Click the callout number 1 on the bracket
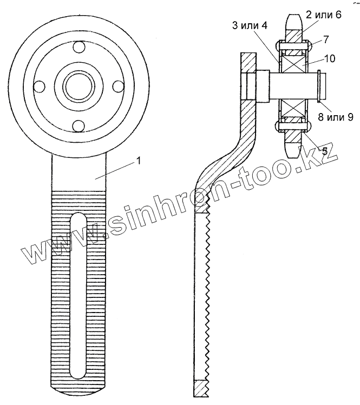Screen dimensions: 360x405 (139, 162)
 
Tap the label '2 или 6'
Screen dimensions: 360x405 (324, 15)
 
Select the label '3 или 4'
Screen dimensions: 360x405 (250, 26)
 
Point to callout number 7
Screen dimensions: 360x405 (325, 39)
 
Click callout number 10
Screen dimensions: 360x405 (329, 58)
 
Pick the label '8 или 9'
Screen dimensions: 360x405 (336, 117)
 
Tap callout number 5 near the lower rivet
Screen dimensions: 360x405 (324, 151)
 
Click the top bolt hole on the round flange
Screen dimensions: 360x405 (78, 47)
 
